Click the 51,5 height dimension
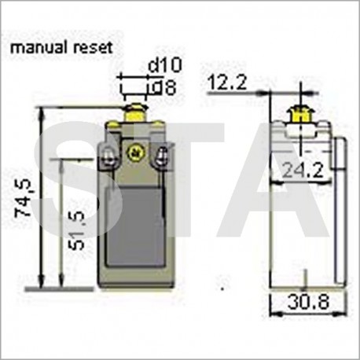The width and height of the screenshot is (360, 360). click(x=75, y=230)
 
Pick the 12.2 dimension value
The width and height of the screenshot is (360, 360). click(x=226, y=81)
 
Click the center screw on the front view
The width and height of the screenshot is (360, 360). click(x=134, y=151)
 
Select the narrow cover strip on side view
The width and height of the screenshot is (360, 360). click(x=340, y=212)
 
